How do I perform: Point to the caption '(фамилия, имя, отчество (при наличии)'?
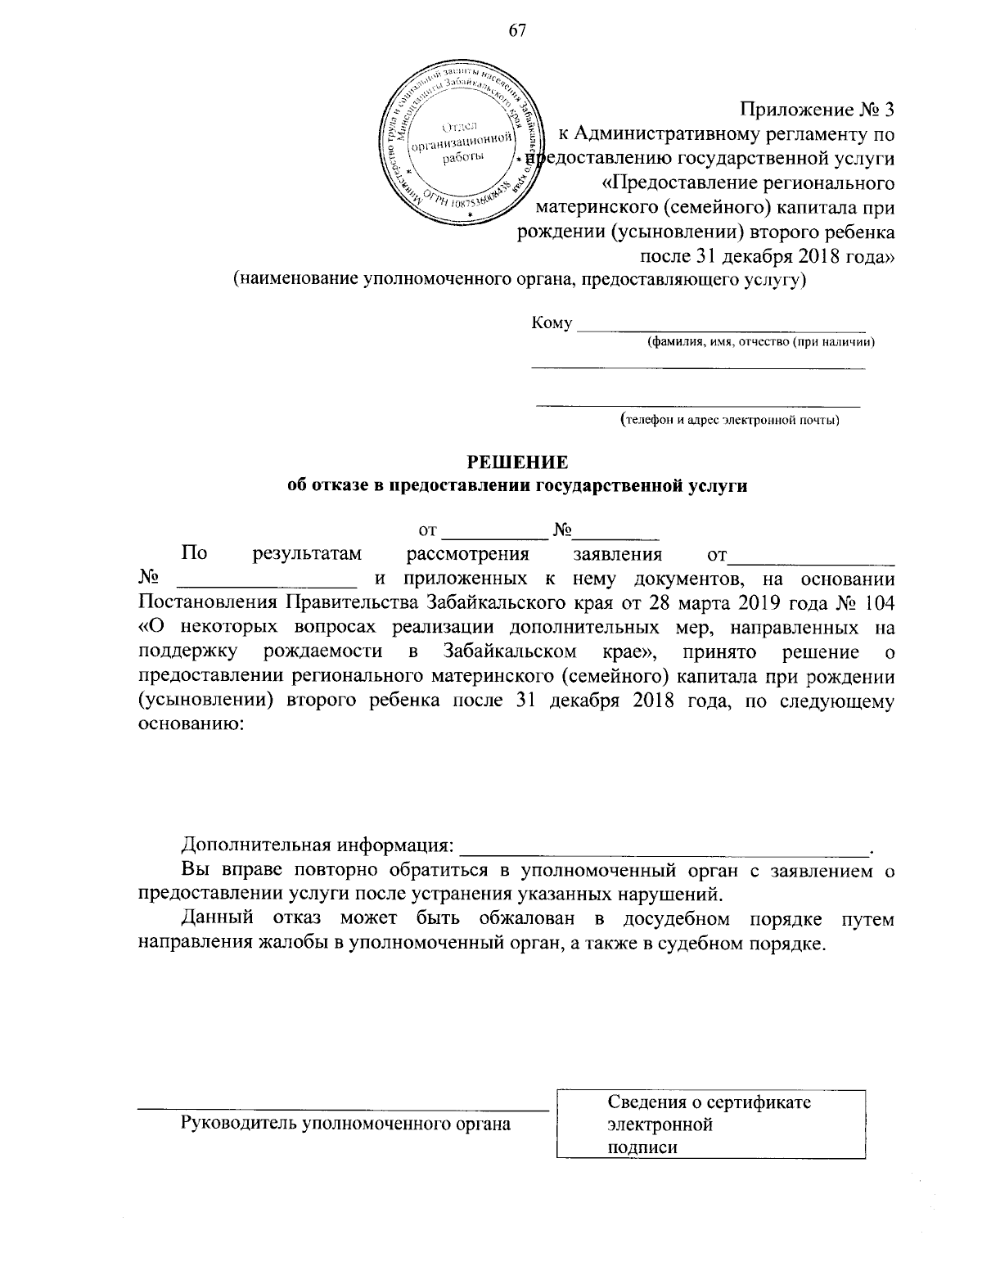point(760,342)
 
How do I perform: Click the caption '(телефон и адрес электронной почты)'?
point(729,421)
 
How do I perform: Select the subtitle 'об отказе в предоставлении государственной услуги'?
point(516,485)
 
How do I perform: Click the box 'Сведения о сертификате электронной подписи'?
point(710,1124)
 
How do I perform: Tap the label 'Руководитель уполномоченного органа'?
point(345,1123)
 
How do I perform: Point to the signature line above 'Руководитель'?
point(342,1109)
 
